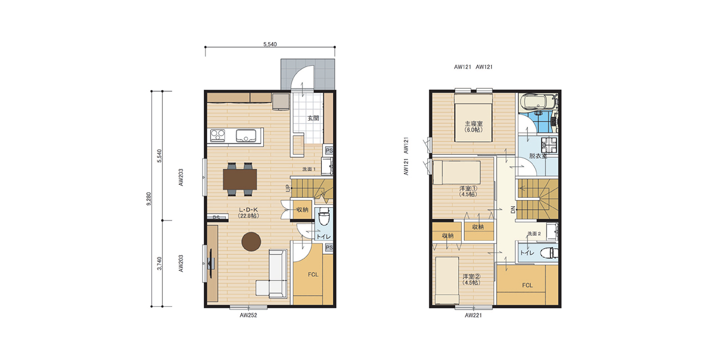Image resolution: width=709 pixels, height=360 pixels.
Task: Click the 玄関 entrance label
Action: [x=313, y=118]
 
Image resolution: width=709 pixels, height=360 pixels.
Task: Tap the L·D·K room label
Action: [x=249, y=210]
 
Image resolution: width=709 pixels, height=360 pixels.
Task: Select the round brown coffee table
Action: [x=251, y=241]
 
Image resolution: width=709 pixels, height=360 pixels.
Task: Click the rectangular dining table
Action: [x=240, y=179]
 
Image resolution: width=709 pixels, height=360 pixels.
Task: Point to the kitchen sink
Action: [x=244, y=136]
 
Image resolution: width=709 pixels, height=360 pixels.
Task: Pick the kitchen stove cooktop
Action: [x=217, y=135]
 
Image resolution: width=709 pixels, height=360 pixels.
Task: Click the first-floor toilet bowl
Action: [x=324, y=217]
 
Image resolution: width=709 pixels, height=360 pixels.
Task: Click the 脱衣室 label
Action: [x=537, y=156]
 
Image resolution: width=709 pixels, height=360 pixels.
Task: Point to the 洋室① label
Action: [x=468, y=189]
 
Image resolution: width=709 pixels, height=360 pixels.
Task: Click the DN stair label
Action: [x=512, y=210]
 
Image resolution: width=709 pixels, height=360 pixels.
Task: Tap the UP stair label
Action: [x=287, y=188]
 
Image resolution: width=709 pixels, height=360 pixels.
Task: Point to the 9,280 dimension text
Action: [x=148, y=198]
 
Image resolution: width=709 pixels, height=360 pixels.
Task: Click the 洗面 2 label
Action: [x=534, y=233]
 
